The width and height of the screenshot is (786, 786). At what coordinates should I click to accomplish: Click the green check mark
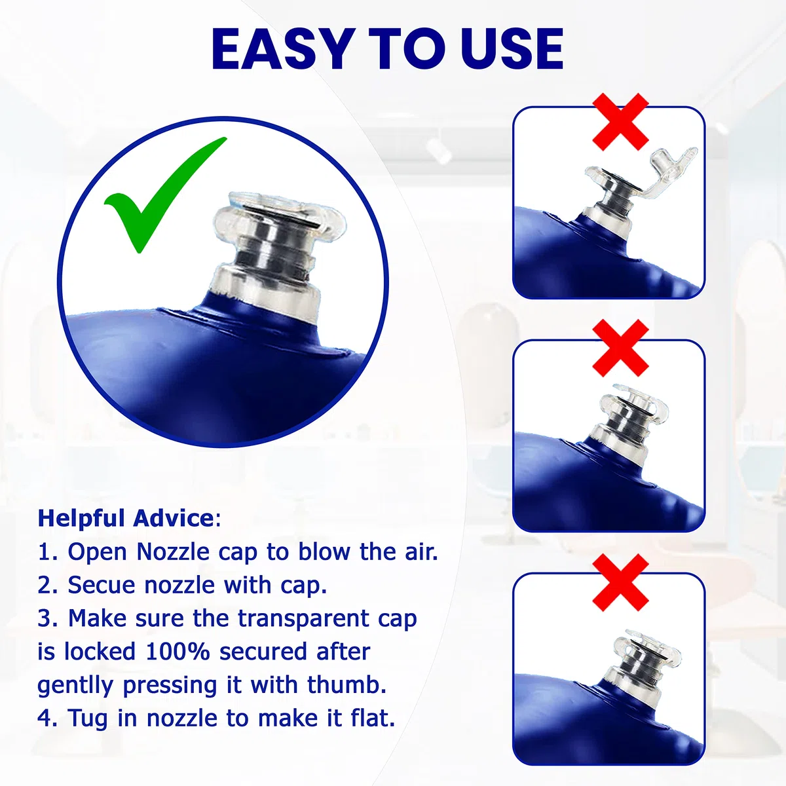(x=165, y=195)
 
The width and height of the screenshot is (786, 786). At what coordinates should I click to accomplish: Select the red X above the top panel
(x=620, y=122)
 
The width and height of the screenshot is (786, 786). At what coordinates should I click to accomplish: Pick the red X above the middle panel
(x=620, y=348)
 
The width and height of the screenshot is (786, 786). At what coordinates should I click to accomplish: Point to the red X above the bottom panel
(x=620, y=582)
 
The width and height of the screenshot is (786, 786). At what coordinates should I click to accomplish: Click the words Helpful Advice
(x=126, y=518)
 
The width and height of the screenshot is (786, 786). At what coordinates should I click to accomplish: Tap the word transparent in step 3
(x=304, y=619)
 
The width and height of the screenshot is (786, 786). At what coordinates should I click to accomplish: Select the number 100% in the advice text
(x=178, y=651)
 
